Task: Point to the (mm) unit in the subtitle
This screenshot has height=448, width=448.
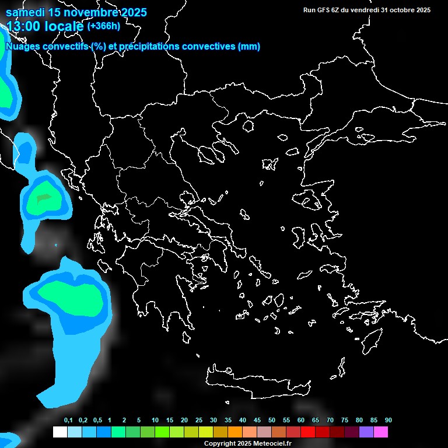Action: click(249, 47)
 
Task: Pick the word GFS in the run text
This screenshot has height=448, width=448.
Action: click(323, 10)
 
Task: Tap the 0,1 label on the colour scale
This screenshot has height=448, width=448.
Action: click(68, 421)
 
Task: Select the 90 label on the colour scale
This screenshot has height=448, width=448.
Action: click(388, 421)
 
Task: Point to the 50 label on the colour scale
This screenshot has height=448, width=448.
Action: click(272, 421)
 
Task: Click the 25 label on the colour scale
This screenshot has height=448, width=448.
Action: click(199, 421)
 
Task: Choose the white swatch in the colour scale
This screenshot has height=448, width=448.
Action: click(60, 432)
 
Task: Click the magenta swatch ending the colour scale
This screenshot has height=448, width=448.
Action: click(381, 432)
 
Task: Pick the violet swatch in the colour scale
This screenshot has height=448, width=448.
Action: click(366, 432)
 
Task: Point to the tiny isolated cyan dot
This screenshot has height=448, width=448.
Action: click(56, 245)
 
